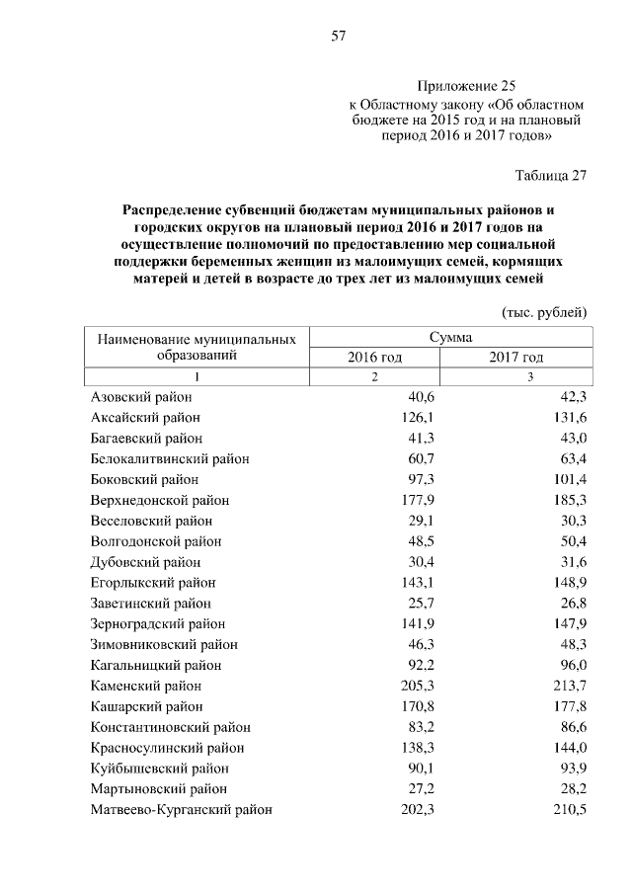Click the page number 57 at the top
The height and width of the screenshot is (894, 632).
pyautogui.click(x=338, y=37)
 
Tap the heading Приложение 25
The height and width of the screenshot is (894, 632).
pyautogui.click(x=466, y=86)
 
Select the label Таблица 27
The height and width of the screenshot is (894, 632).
pyautogui.click(x=551, y=176)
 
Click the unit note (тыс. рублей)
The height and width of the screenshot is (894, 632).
pyautogui.click(x=545, y=312)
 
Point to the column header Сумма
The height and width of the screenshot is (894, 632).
pyautogui.click(x=451, y=338)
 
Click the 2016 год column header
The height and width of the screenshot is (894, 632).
pyautogui.click(x=374, y=357)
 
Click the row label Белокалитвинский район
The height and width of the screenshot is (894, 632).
pyautogui.click(x=170, y=458)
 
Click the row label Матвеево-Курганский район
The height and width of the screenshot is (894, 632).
pyautogui.click(x=181, y=810)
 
